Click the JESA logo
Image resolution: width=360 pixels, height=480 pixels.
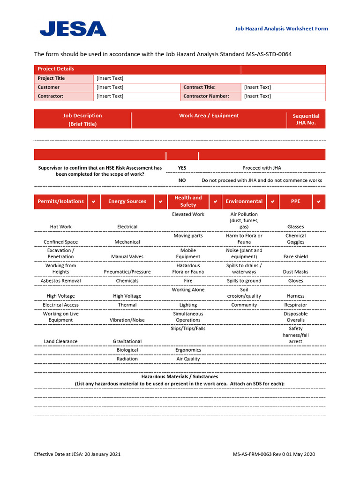[73, 29]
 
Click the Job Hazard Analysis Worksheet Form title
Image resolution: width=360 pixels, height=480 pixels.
[281, 29]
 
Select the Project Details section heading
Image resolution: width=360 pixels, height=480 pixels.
[56, 69]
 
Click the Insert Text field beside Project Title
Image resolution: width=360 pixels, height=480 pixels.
[110, 78]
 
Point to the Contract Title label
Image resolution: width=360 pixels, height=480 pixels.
[199, 87]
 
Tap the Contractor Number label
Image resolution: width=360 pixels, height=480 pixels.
[206, 96]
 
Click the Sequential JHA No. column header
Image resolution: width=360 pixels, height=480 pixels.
[306, 119]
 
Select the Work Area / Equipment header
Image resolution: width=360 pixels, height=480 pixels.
[209, 116]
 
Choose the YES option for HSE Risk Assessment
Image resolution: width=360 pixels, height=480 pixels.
[182, 168]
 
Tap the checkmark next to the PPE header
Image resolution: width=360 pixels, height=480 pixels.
[319, 202]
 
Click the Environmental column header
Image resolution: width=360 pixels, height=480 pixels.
[244, 202]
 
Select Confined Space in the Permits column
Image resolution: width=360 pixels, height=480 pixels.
[60, 242]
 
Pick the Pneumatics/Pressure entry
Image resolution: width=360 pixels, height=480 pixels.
[127, 272]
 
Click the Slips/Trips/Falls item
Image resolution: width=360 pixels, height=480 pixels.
[188, 329]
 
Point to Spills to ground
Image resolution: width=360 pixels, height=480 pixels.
[244, 281]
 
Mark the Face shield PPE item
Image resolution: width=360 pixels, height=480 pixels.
[295, 257]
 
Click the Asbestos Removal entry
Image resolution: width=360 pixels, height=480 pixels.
[60, 281]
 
